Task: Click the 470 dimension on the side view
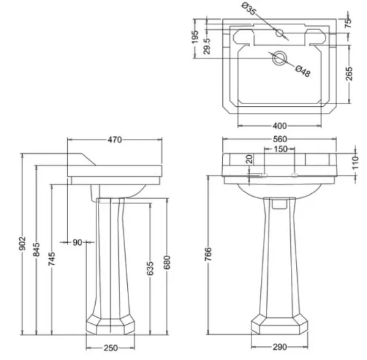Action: point(113,140)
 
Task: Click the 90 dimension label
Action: point(76,242)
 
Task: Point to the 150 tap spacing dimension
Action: point(279,150)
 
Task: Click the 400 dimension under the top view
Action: point(279,126)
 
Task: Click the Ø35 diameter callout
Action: point(249,10)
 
